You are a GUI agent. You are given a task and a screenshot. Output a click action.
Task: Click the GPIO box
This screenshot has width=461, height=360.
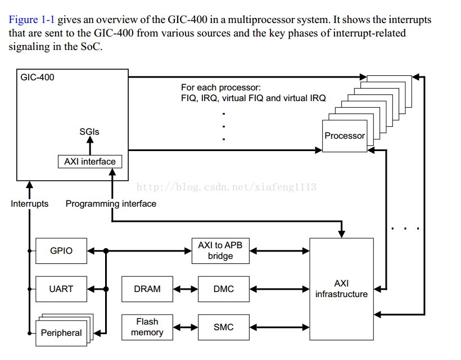[x=61, y=250]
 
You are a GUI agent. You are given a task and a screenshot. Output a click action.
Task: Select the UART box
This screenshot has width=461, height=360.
[x=61, y=289]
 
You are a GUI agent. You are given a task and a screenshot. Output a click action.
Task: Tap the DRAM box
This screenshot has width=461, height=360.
[x=147, y=289]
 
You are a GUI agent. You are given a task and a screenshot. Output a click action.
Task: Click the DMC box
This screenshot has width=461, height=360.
[x=223, y=289]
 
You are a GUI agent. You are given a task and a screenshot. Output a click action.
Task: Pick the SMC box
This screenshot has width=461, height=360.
[x=223, y=327]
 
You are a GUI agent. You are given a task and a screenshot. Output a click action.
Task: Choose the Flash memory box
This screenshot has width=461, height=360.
[x=147, y=327]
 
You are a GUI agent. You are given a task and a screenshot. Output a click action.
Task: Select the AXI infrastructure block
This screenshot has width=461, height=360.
[x=341, y=289]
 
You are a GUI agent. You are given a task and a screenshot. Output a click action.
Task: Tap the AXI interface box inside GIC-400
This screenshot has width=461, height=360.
[x=90, y=162]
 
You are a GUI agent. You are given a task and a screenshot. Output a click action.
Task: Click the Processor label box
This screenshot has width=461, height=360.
[x=345, y=136]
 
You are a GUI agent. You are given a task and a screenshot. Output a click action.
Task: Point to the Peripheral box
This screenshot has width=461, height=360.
[x=61, y=332]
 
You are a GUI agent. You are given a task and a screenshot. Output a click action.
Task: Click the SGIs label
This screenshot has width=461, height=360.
[x=89, y=131]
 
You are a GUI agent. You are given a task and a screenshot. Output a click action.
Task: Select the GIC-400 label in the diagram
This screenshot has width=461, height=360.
[x=38, y=78]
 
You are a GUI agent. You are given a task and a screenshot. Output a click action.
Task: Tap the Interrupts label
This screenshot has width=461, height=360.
[x=30, y=204]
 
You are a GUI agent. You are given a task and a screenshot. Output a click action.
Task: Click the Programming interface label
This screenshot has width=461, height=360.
[x=111, y=204]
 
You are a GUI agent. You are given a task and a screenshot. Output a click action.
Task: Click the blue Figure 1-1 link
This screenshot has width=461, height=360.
[x=31, y=20]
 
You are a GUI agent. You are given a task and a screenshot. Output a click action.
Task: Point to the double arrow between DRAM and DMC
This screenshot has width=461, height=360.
[x=186, y=289]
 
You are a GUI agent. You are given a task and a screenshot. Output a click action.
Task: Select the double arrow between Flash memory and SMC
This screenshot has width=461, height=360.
[x=186, y=327]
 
